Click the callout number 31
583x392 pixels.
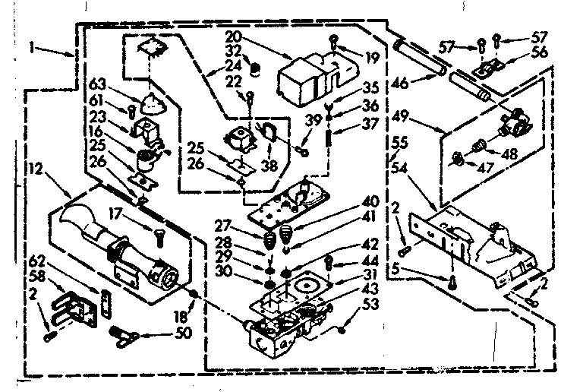tap(369, 274)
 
